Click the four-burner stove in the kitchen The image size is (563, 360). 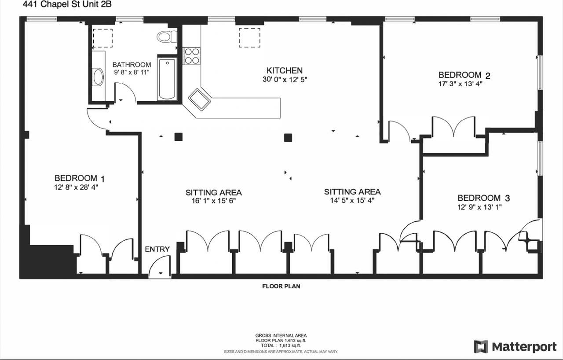pos(191,55)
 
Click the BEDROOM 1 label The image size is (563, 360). pos(79,178)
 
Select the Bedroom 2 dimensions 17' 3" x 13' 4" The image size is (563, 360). pos(457,83)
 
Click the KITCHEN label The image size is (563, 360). pos(285,70)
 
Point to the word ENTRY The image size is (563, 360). pos(157,249)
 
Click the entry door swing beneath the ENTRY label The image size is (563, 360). pos(159,268)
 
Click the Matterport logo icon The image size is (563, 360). pos(481,346)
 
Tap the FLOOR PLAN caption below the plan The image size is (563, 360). pos(281,286)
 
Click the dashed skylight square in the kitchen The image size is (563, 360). pos(249,37)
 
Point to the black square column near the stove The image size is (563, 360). pos(178,136)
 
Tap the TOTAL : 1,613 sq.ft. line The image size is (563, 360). pos(281,346)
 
